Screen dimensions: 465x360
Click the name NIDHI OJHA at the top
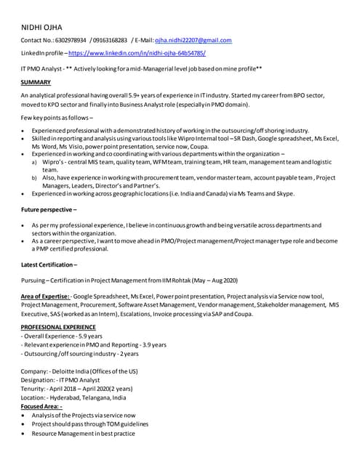pyautogui.click(x=41, y=28)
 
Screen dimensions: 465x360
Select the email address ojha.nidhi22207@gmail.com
pyautogui.click(x=190, y=41)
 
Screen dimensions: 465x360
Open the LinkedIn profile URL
pyautogui.click(x=137, y=54)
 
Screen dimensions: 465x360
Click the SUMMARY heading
pyautogui.click(x=36, y=82)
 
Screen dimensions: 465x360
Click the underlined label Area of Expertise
pyautogui.click(x=45, y=296)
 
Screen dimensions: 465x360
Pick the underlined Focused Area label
pyautogui.click(x=41, y=406)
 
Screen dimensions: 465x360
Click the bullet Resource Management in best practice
pyautogui.click(x=84, y=433)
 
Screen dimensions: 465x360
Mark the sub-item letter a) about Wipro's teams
pyautogui.click(x=35, y=163)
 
